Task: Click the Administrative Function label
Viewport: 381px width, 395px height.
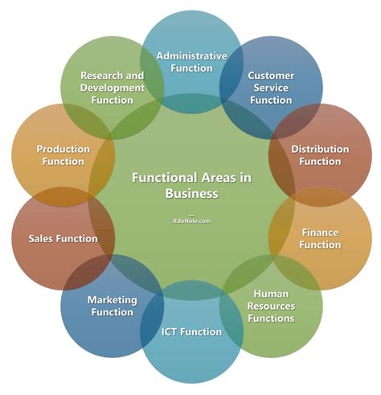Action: click(191, 62)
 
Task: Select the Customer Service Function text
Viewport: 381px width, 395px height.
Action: click(271, 88)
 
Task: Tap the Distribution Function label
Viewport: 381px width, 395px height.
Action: click(320, 155)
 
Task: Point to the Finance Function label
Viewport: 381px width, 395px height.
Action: click(320, 238)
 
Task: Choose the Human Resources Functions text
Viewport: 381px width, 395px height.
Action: click(270, 306)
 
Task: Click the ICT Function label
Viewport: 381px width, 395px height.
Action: click(190, 331)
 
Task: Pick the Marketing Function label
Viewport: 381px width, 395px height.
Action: click(112, 306)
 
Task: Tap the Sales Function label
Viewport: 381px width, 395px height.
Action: click(63, 238)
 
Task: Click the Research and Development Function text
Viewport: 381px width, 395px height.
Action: click(113, 87)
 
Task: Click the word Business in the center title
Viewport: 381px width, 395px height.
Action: click(191, 194)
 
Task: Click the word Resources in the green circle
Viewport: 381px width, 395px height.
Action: click(270, 306)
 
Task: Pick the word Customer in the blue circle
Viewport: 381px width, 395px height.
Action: click(271, 76)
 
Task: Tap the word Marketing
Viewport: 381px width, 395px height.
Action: click(112, 300)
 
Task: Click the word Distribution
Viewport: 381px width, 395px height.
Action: click(320, 150)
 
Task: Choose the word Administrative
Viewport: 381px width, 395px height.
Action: click(191, 56)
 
